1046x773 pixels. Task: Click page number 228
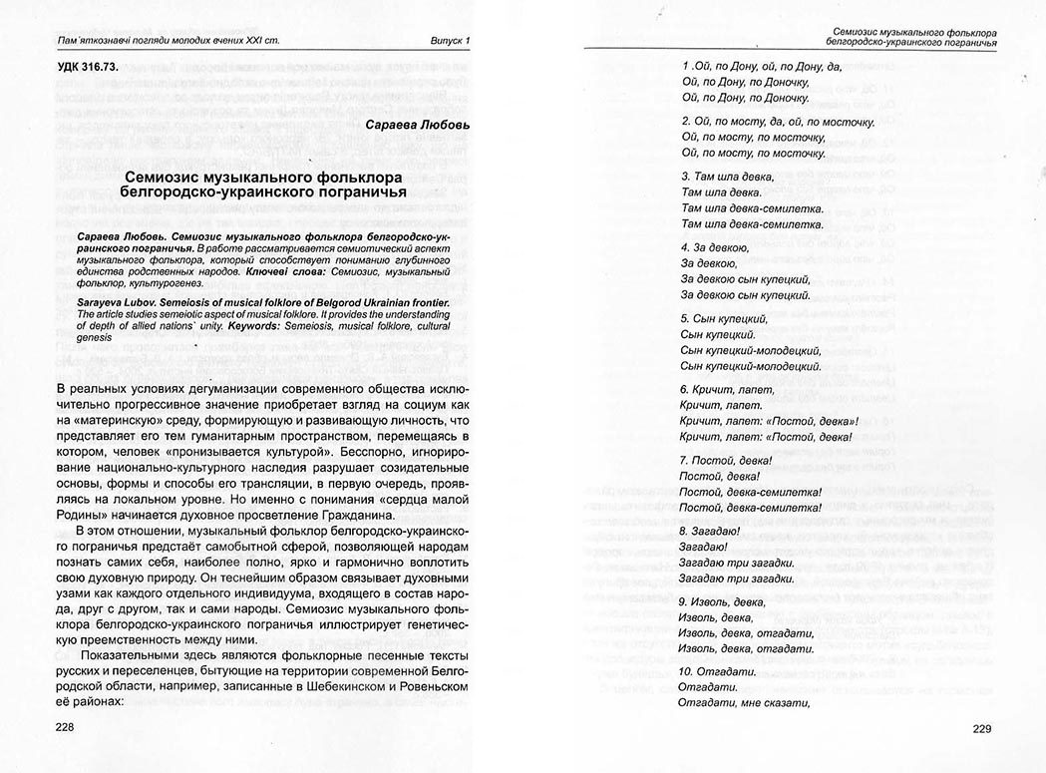coord(65,728)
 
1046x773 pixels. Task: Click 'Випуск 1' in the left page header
coord(444,41)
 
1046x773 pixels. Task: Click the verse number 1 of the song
coord(673,66)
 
